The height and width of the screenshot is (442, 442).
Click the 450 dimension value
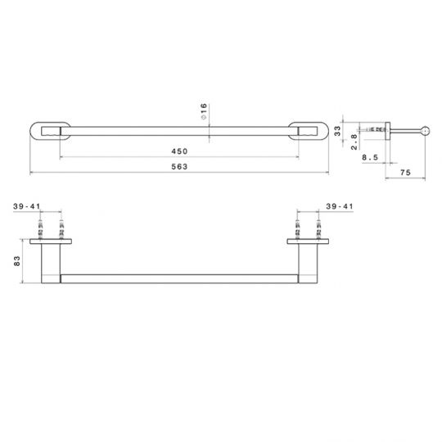(179, 151)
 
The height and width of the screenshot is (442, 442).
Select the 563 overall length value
(179, 167)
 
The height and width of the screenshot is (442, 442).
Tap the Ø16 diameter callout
(204, 111)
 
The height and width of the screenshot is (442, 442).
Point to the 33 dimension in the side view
(337, 131)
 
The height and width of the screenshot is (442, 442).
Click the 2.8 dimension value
(354, 142)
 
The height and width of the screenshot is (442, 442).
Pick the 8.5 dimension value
(370, 157)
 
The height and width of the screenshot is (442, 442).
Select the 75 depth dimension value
(405, 172)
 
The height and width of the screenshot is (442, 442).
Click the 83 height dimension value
(17, 261)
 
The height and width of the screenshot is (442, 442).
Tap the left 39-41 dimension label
(27, 206)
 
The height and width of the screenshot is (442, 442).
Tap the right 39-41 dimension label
(340, 206)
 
